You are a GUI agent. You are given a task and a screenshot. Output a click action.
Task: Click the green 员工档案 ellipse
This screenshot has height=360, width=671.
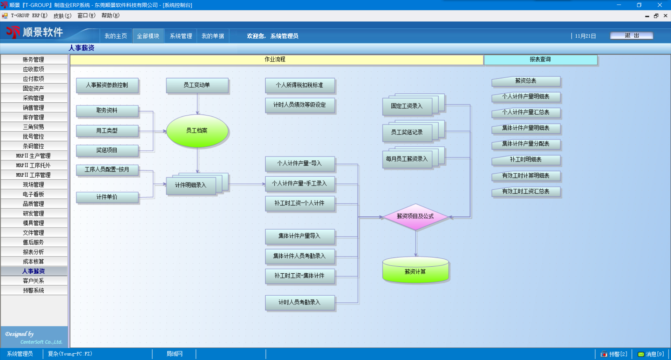[197, 131]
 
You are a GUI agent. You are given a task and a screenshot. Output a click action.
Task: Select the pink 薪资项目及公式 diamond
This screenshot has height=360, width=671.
[415, 217]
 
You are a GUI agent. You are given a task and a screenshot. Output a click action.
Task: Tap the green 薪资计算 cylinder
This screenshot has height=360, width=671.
[415, 272]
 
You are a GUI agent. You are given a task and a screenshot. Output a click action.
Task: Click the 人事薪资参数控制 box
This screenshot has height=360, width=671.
[107, 85]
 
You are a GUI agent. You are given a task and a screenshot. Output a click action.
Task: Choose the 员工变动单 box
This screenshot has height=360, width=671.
[197, 85]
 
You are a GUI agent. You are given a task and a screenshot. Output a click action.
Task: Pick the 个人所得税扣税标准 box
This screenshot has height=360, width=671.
[300, 85]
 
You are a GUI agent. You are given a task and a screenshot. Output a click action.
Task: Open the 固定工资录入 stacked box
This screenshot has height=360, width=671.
[407, 106]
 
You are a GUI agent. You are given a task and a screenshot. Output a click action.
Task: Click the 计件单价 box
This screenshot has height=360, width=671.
[107, 197]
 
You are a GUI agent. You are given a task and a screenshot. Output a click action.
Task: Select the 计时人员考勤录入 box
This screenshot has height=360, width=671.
[300, 302]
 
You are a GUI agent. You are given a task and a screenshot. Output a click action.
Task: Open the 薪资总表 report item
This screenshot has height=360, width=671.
[526, 81]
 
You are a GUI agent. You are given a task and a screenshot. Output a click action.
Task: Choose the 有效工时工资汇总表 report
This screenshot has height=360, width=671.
[526, 192]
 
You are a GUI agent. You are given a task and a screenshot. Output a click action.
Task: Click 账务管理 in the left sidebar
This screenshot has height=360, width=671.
[34, 59]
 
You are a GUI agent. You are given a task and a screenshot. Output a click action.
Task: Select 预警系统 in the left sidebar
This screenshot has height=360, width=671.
[34, 290]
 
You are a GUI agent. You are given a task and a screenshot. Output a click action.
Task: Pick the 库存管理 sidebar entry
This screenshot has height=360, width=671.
[34, 117]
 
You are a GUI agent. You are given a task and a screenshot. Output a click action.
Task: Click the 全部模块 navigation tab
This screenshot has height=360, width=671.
[148, 36]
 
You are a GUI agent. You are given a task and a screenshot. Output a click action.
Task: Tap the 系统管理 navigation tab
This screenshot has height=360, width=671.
[181, 36]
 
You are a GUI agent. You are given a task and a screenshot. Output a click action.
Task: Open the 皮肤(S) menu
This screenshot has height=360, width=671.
[62, 16]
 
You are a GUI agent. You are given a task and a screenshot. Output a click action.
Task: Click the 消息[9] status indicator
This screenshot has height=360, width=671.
[651, 354]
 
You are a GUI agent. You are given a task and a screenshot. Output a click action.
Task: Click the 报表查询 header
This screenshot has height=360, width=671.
[540, 59]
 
